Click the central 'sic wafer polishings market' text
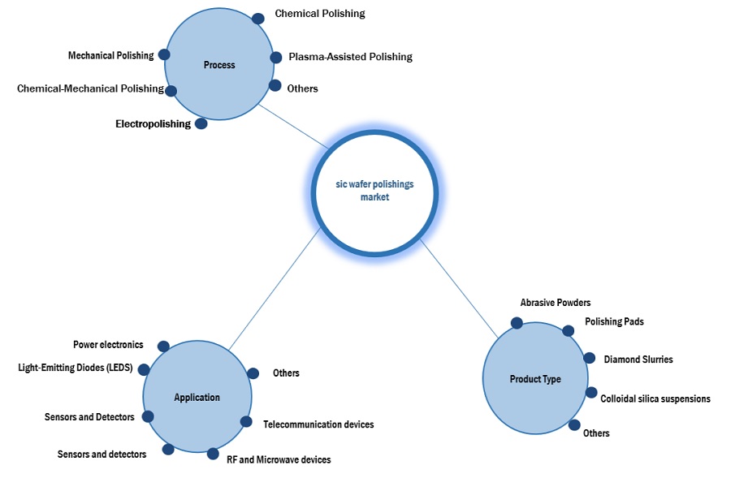click(374, 191)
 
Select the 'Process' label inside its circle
click(220, 65)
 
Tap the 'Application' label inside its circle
click(197, 397)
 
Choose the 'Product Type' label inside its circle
click(535, 379)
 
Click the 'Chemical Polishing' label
click(320, 14)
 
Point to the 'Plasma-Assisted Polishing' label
click(350, 57)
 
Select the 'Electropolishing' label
click(153, 124)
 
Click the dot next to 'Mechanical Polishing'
click(164, 54)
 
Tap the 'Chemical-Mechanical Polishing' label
click(90, 88)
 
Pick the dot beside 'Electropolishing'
click(201, 124)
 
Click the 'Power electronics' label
click(108, 344)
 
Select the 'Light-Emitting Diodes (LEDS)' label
click(76, 368)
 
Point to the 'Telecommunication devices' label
click(318, 424)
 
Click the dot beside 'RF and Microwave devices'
click(213, 454)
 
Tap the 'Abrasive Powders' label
click(556, 303)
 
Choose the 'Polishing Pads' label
click(614, 321)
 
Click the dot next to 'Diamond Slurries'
click(588, 358)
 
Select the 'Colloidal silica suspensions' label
click(655, 398)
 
